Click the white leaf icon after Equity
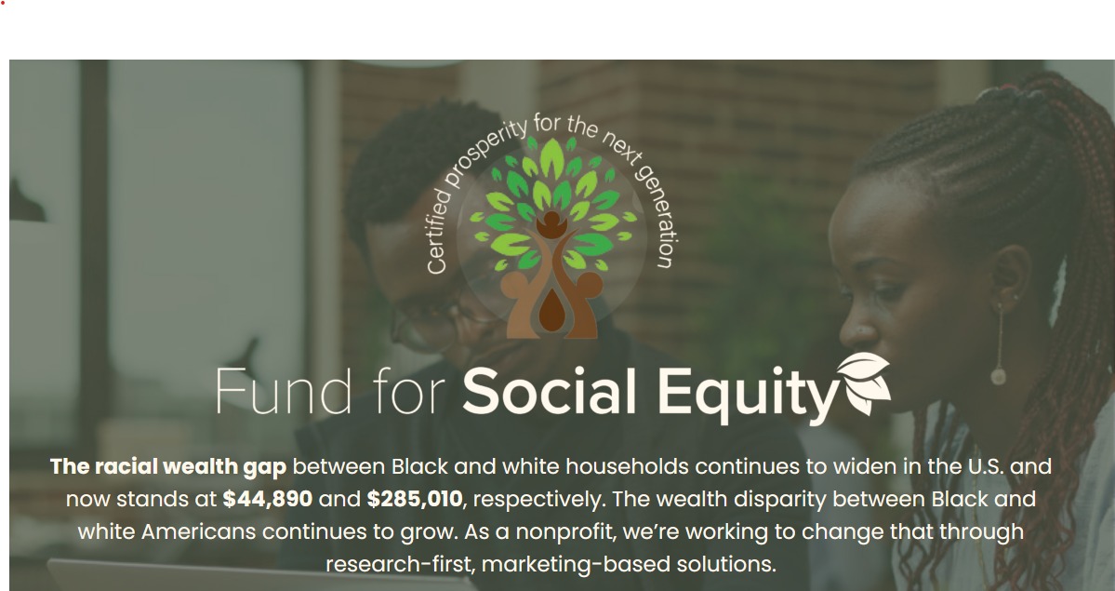click(x=864, y=383)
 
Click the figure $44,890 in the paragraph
click(x=268, y=499)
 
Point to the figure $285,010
click(x=415, y=499)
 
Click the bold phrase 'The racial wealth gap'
click(x=168, y=467)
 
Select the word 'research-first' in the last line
click(x=399, y=564)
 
